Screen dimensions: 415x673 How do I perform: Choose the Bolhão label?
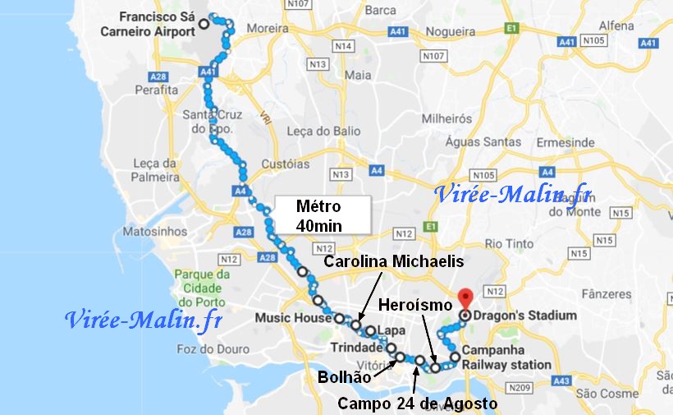pos(342,377)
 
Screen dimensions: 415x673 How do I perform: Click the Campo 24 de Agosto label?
pos(417,403)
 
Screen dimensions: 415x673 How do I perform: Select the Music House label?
pos(291,317)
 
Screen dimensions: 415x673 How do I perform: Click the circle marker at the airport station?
pos(204,25)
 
